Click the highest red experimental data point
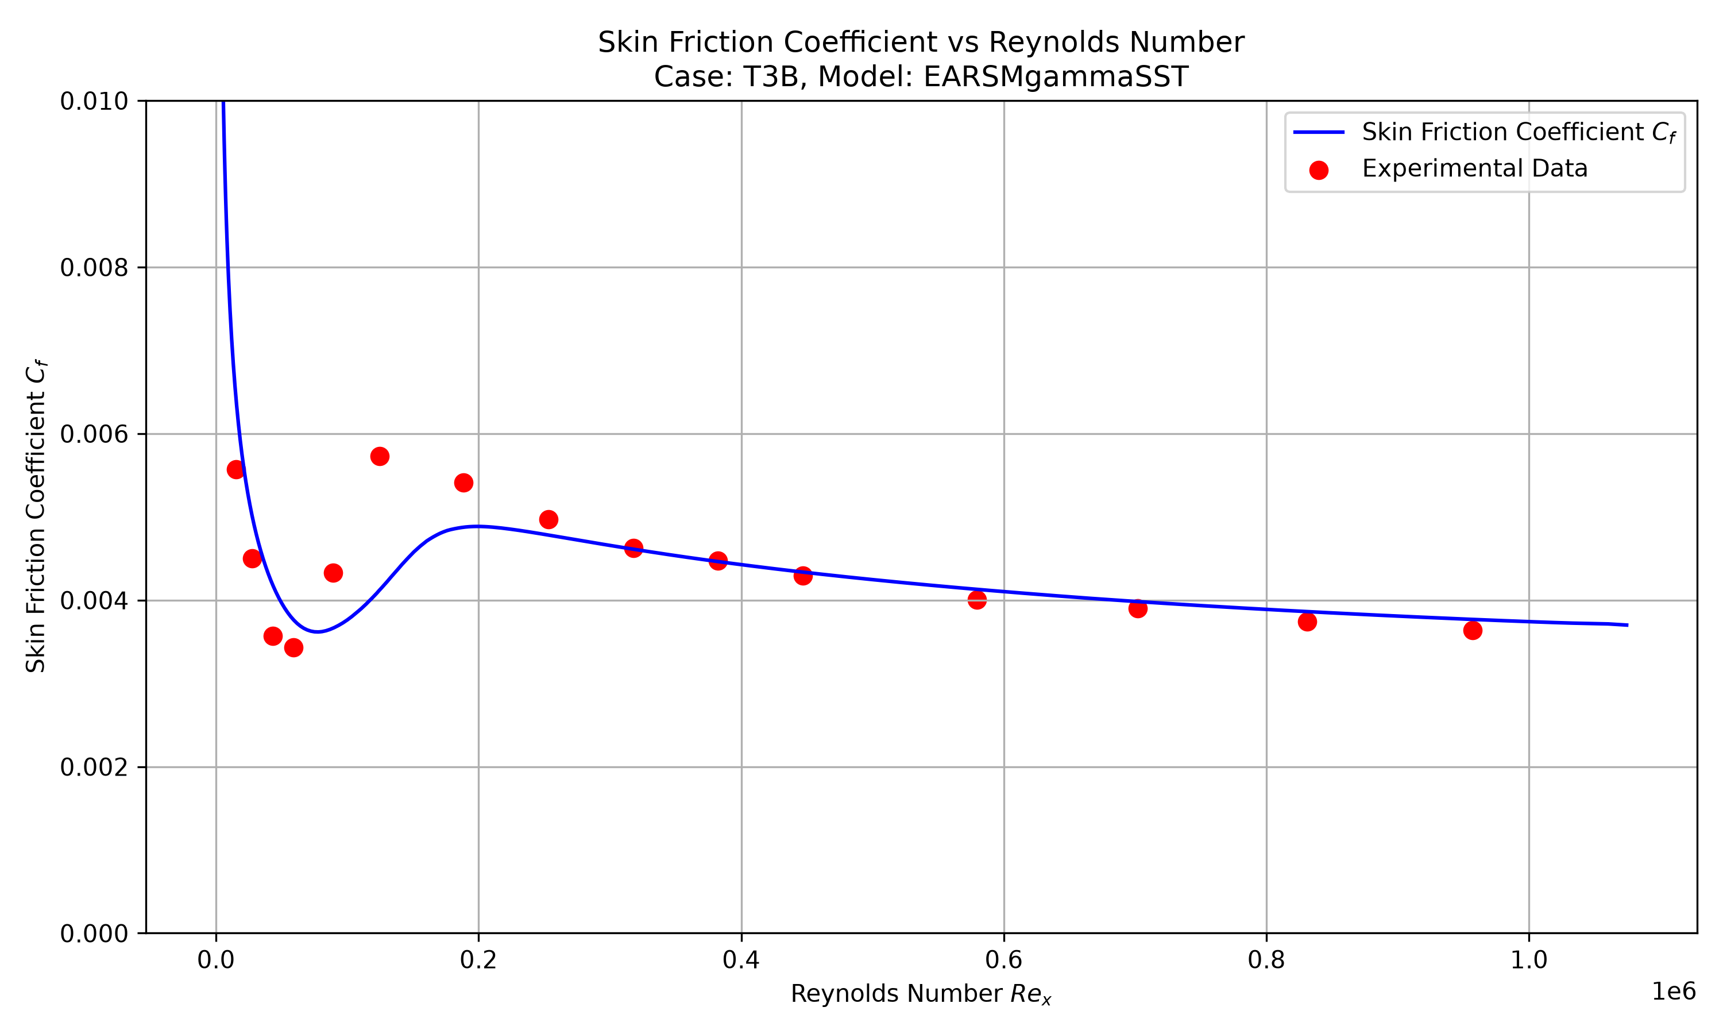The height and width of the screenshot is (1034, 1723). pos(380,456)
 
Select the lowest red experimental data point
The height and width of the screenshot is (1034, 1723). pos(294,647)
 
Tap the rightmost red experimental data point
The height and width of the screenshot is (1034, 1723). pos(1472,630)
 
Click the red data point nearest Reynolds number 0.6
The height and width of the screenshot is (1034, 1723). pos(977,599)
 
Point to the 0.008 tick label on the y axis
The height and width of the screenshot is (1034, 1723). pos(94,268)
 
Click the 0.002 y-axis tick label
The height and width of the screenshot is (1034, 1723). pos(94,767)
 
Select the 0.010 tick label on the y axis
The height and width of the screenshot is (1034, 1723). pos(94,101)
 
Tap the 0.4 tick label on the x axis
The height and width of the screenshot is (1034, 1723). pos(741,960)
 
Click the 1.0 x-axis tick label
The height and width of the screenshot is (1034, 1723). pos(1529,960)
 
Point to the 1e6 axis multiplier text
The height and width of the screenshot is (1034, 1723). pos(1674,991)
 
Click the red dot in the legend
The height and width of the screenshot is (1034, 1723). pos(1318,170)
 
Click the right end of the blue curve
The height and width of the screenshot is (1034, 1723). pos(1628,625)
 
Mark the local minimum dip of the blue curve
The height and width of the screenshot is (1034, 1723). pos(318,632)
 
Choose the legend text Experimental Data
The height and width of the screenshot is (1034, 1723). pos(1475,169)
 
